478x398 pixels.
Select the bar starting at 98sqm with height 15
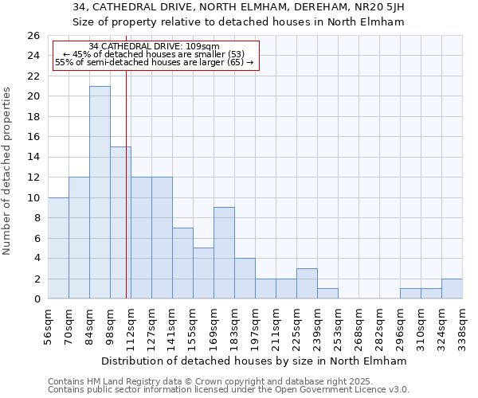[x=120, y=223]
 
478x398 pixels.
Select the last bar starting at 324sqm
[x=452, y=289]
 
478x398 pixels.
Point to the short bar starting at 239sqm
[x=327, y=294]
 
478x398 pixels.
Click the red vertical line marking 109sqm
[x=127, y=199]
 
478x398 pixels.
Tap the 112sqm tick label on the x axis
[x=131, y=326]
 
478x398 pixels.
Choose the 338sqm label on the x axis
[x=463, y=326]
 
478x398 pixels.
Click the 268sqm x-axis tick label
[x=359, y=326]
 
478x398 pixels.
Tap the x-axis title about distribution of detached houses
[x=255, y=361]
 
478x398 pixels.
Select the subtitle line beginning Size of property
[x=239, y=22]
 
